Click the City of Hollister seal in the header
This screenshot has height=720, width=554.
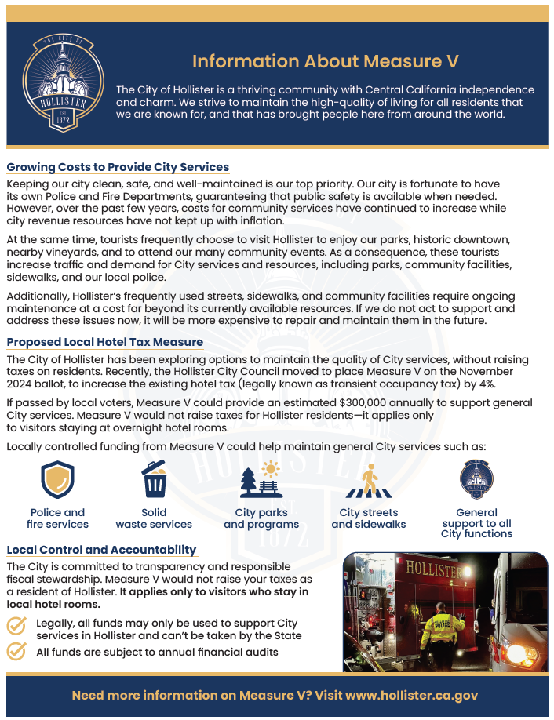pos(64,83)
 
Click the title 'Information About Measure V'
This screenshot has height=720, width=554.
pos(325,61)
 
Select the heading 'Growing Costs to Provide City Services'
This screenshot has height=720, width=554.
pos(118,167)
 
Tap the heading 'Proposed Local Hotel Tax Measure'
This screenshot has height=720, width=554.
pos(104,342)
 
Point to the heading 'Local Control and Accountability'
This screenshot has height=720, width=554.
pos(101,550)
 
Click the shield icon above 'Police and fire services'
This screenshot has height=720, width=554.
pos(57,478)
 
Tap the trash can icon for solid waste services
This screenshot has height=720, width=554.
pos(154,478)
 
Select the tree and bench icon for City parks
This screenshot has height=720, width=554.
pos(261,480)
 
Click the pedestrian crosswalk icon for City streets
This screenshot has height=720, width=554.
pos(368,480)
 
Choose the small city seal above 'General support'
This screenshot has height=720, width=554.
pos(476,479)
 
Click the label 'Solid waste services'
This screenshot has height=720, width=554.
pos(154,518)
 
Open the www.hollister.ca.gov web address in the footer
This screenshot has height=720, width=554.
pos(411,696)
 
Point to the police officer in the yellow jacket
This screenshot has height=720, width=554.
pos(443,627)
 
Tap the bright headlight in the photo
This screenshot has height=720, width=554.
pos(519,653)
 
